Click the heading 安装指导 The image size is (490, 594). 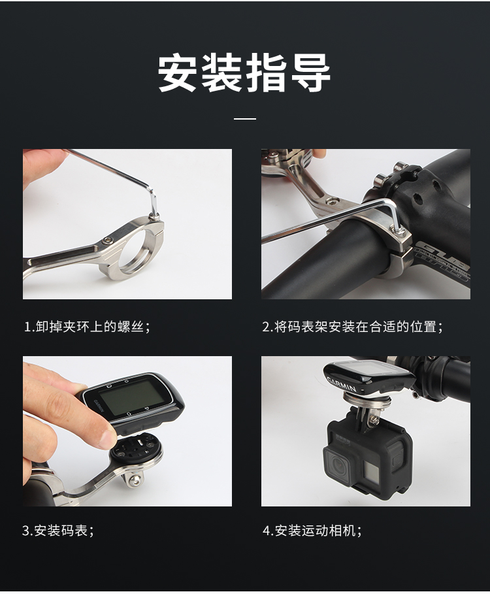(244, 73)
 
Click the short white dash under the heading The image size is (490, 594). (245, 118)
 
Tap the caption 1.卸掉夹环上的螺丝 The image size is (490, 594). (87, 326)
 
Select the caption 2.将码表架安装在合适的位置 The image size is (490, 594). (352, 326)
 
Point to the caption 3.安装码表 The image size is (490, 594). (58, 530)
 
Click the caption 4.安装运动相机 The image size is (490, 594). (312, 530)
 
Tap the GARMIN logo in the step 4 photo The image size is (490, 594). (341, 384)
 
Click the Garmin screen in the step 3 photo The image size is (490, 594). (132, 397)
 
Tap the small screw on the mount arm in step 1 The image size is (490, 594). (108, 240)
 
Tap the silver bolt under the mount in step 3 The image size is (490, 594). (135, 480)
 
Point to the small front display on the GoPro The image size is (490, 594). (370, 470)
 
